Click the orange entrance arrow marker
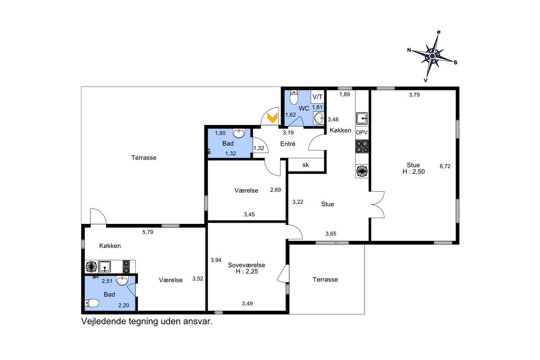[x=273, y=118]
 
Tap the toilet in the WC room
[x=294, y=97]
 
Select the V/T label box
[x=317, y=97]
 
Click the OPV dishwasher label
[x=362, y=133]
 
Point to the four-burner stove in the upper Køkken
[x=362, y=147]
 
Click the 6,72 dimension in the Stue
[x=445, y=166]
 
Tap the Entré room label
[x=288, y=144]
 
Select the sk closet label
[x=306, y=165]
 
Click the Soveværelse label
[x=246, y=265]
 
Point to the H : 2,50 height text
[x=414, y=171]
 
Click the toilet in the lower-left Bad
[x=92, y=303]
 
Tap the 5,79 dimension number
[x=147, y=232]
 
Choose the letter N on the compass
[x=409, y=50]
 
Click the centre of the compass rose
[x=432, y=56]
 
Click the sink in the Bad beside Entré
[x=238, y=133]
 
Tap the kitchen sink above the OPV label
[x=362, y=118]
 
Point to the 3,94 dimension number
[x=216, y=260]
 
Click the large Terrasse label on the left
[x=144, y=157]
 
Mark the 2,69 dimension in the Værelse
[x=276, y=190]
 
